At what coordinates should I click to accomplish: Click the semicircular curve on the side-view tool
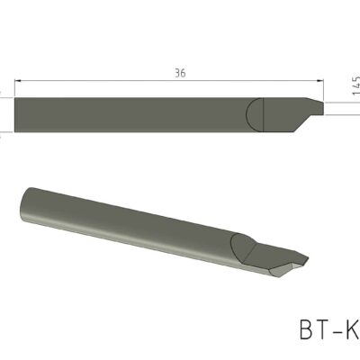coord(251,113)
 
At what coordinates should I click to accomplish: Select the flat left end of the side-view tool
coord(16,113)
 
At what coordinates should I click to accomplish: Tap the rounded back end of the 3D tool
coord(24,202)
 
